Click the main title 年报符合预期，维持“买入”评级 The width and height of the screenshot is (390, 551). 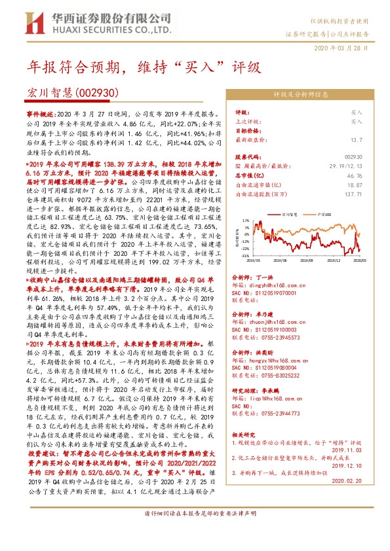(x=144, y=67)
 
